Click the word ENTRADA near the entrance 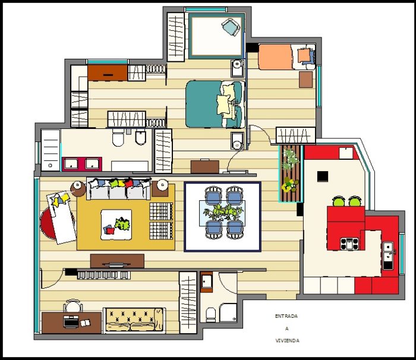coord(286,316)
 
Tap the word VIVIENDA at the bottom coord(287,340)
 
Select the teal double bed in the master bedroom coord(215,104)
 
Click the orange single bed coord(287,57)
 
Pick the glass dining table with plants coord(222,213)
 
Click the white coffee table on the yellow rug coord(116,225)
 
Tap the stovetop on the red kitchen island coord(349,244)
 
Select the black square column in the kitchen coord(323,176)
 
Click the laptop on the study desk coord(71,321)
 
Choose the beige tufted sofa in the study coord(134,320)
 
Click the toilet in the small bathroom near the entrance coord(211,315)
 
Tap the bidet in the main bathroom coord(141,137)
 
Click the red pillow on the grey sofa coord(129,183)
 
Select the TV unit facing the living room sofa coord(117,261)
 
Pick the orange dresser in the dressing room coord(108,72)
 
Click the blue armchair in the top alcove coord(231,27)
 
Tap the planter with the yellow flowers coord(291,184)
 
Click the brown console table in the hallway coord(205,166)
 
